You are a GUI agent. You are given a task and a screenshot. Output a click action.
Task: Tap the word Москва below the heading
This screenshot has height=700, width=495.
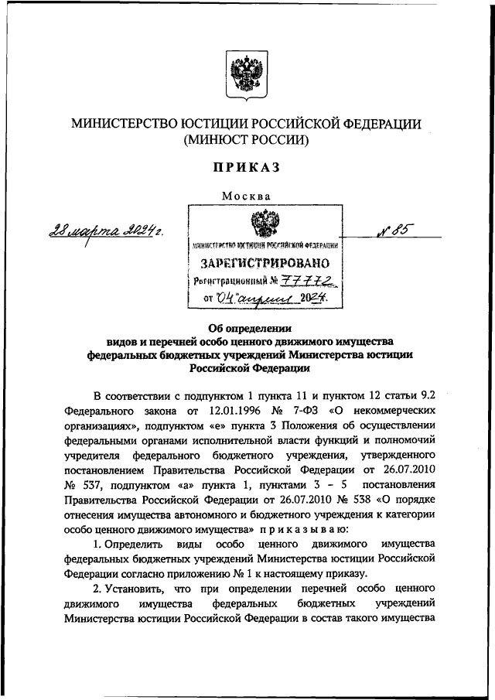pyautogui.click(x=246, y=196)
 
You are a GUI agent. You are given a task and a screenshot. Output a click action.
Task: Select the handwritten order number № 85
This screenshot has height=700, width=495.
pyautogui.click(x=394, y=229)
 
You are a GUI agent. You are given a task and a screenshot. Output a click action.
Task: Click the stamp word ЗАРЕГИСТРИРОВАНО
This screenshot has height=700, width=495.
pyautogui.click(x=265, y=262)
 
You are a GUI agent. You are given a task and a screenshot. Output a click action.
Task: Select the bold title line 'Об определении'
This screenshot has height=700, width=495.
pyautogui.click(x=246, y=327)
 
